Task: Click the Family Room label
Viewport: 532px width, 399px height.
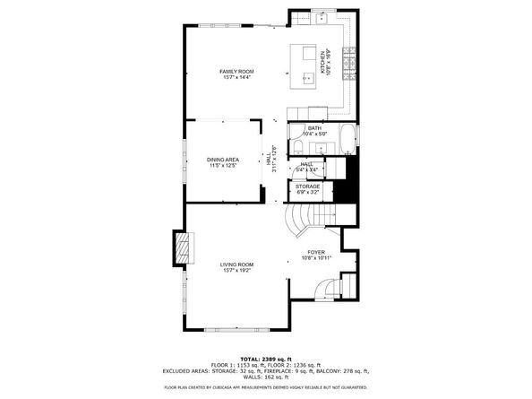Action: (x=238, y=71)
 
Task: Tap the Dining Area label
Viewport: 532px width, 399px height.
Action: (x=222, y=160)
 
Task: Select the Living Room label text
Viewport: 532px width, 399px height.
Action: (x=238, y=265)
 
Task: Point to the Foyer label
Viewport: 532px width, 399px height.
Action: (x=316, y=252)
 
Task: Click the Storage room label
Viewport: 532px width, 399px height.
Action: (x=308, y=186)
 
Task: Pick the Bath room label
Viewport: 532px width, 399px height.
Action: (x=314, y=128)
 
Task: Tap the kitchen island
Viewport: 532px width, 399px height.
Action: (x=310, y=65)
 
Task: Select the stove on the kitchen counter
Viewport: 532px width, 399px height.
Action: (x=350, y=62)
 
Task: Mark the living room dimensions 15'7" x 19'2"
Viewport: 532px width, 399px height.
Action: (x=238, y=271)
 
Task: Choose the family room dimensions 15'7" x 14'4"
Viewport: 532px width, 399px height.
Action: (x=238, y=77)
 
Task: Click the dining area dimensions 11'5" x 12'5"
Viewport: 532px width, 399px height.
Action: (x=222, y=166)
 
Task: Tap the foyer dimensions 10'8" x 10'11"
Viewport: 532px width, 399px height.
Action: (x=316, y=258)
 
